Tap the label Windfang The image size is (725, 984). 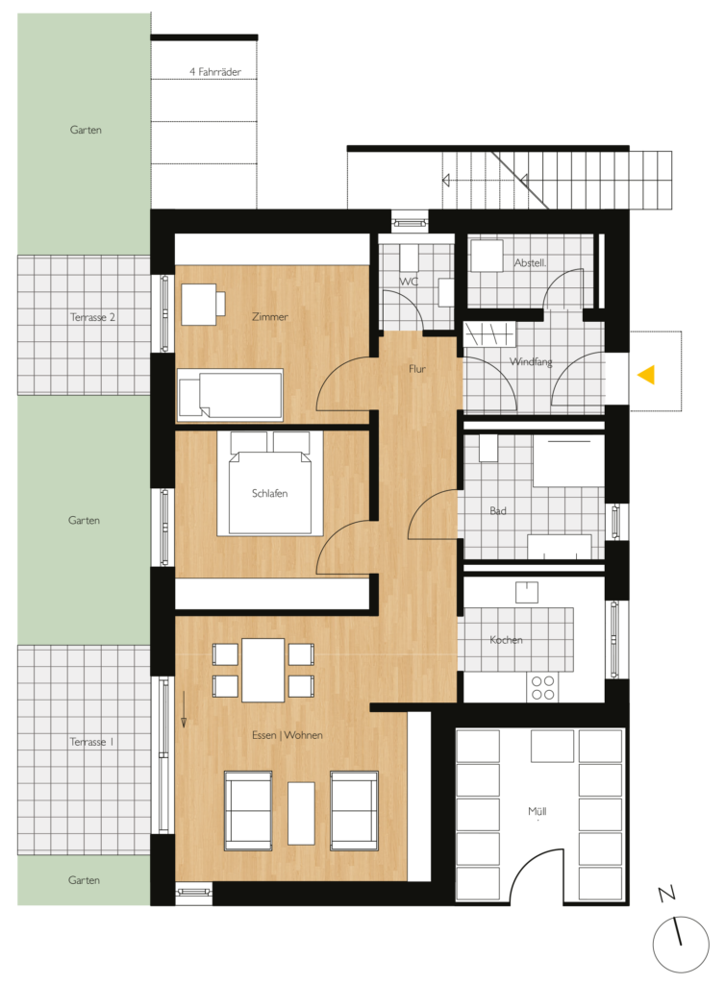(531, 361)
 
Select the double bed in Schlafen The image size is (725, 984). (270, 483)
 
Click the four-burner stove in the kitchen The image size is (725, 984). (543, 687)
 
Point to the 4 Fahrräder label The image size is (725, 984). (215, 72)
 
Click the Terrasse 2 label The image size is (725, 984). (92, 317)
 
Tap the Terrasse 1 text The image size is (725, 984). (91, 742)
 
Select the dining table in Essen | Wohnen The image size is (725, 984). (263, 670)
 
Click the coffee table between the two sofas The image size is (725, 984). (301, 813)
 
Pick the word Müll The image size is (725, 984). (537, 811)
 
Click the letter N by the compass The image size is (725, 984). (666, 894)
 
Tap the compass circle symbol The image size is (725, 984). (681, 945)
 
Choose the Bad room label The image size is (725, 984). (498, 511)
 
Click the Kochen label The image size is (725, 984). (506, 640)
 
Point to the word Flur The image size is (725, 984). (416, 369)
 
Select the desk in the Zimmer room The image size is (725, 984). (199, 305)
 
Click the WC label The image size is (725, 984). (409, 282)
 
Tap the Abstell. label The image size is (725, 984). (530, 263)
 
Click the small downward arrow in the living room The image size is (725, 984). (184, 709)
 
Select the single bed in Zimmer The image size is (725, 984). (231, 394)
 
